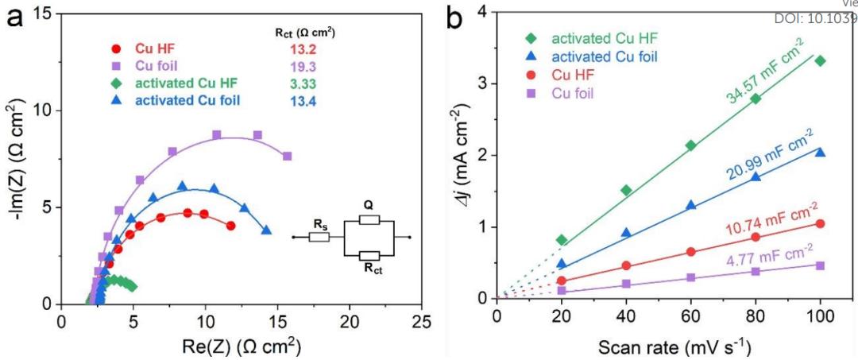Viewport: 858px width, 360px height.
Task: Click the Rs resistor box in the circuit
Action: [319, 237]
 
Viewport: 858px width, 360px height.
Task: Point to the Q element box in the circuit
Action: [369, 220]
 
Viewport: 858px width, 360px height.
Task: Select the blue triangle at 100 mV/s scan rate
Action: [820, 152]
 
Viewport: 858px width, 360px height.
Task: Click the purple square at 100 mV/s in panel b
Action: [820, 265]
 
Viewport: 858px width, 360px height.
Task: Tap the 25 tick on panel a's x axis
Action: [422, 321]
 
